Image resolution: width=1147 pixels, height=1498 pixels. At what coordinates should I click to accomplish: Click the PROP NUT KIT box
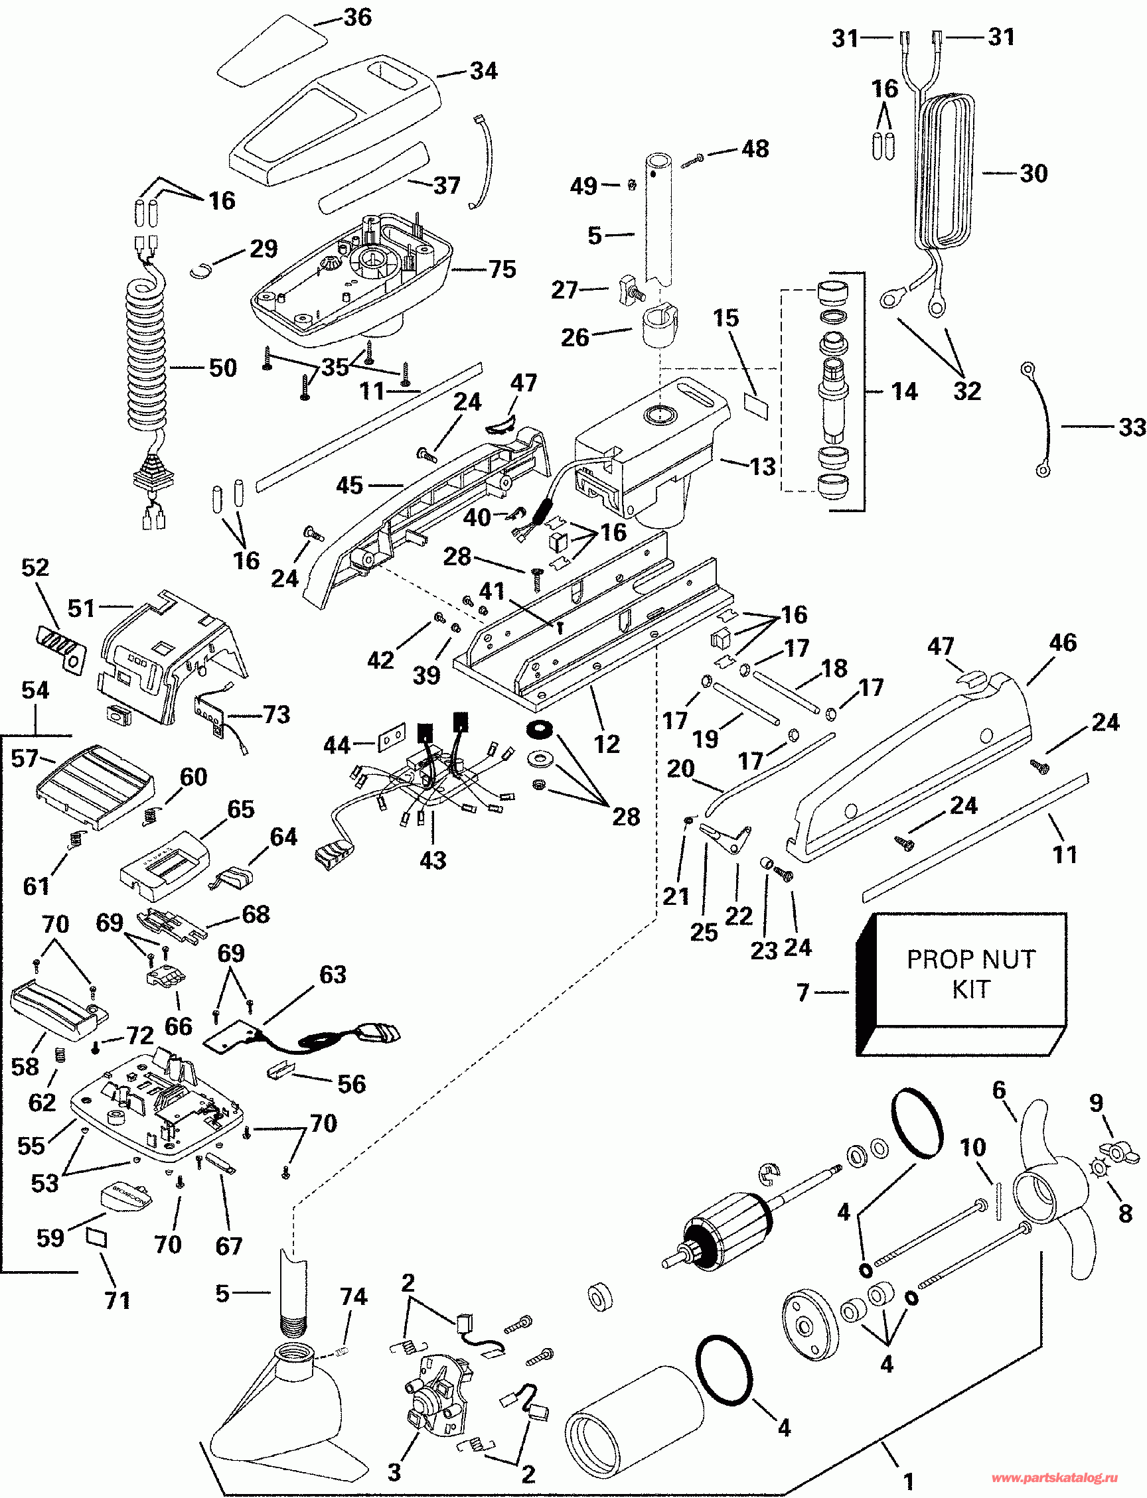coord(961,984)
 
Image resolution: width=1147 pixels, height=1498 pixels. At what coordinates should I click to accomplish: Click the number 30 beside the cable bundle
coord(1033,173)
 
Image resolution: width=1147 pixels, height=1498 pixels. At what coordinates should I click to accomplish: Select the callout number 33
coord(1131,427)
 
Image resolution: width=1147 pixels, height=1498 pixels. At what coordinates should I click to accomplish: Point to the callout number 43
coord(433,859)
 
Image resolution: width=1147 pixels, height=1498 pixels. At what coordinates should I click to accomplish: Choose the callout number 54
coord(35,689)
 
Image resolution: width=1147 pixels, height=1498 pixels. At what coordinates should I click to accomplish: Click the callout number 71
coord(117,1300)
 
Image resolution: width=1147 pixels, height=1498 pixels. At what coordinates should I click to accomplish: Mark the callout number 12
coord(606,743)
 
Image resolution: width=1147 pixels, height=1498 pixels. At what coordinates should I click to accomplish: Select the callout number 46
coord(1062,642)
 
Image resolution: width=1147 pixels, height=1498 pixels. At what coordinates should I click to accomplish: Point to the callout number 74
coord(353,1296)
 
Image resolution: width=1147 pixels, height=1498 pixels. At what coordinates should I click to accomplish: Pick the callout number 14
coord(904,391)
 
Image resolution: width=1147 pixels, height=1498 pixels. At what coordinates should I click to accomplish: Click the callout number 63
coord(333,975)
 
